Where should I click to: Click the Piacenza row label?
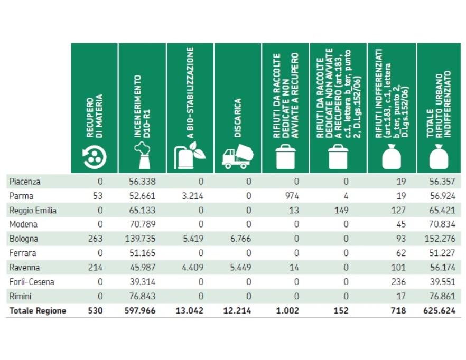[25, 182]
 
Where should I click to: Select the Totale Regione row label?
[38, 311]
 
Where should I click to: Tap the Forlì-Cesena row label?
[32, 282]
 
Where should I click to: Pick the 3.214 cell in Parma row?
[192, 196]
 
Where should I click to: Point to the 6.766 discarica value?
[240, 239]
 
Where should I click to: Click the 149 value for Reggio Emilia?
[340, 210]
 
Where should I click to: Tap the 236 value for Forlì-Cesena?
[399, 282]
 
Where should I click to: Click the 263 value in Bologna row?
[96, 239]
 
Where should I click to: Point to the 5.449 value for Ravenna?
[240, 268]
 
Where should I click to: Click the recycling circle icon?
[95, 156]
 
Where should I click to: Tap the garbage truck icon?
[237, 156]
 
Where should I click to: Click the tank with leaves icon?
[190, 155]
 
